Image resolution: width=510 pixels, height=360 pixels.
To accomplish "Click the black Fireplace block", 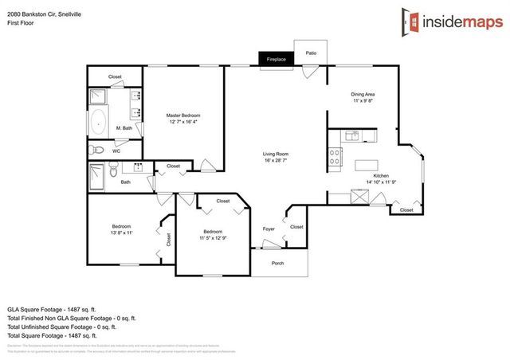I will click(277, 58).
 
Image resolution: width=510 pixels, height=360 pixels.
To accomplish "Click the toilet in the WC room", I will click(99, 149).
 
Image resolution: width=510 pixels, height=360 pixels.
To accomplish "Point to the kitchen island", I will click(366, 164).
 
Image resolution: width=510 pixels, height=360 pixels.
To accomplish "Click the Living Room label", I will click(276, 154).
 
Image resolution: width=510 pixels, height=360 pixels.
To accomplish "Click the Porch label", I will click(278, 264).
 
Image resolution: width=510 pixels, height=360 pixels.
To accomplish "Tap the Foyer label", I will click(269, 229).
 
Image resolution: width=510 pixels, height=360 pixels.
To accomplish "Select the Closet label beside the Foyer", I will click(296, 227).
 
